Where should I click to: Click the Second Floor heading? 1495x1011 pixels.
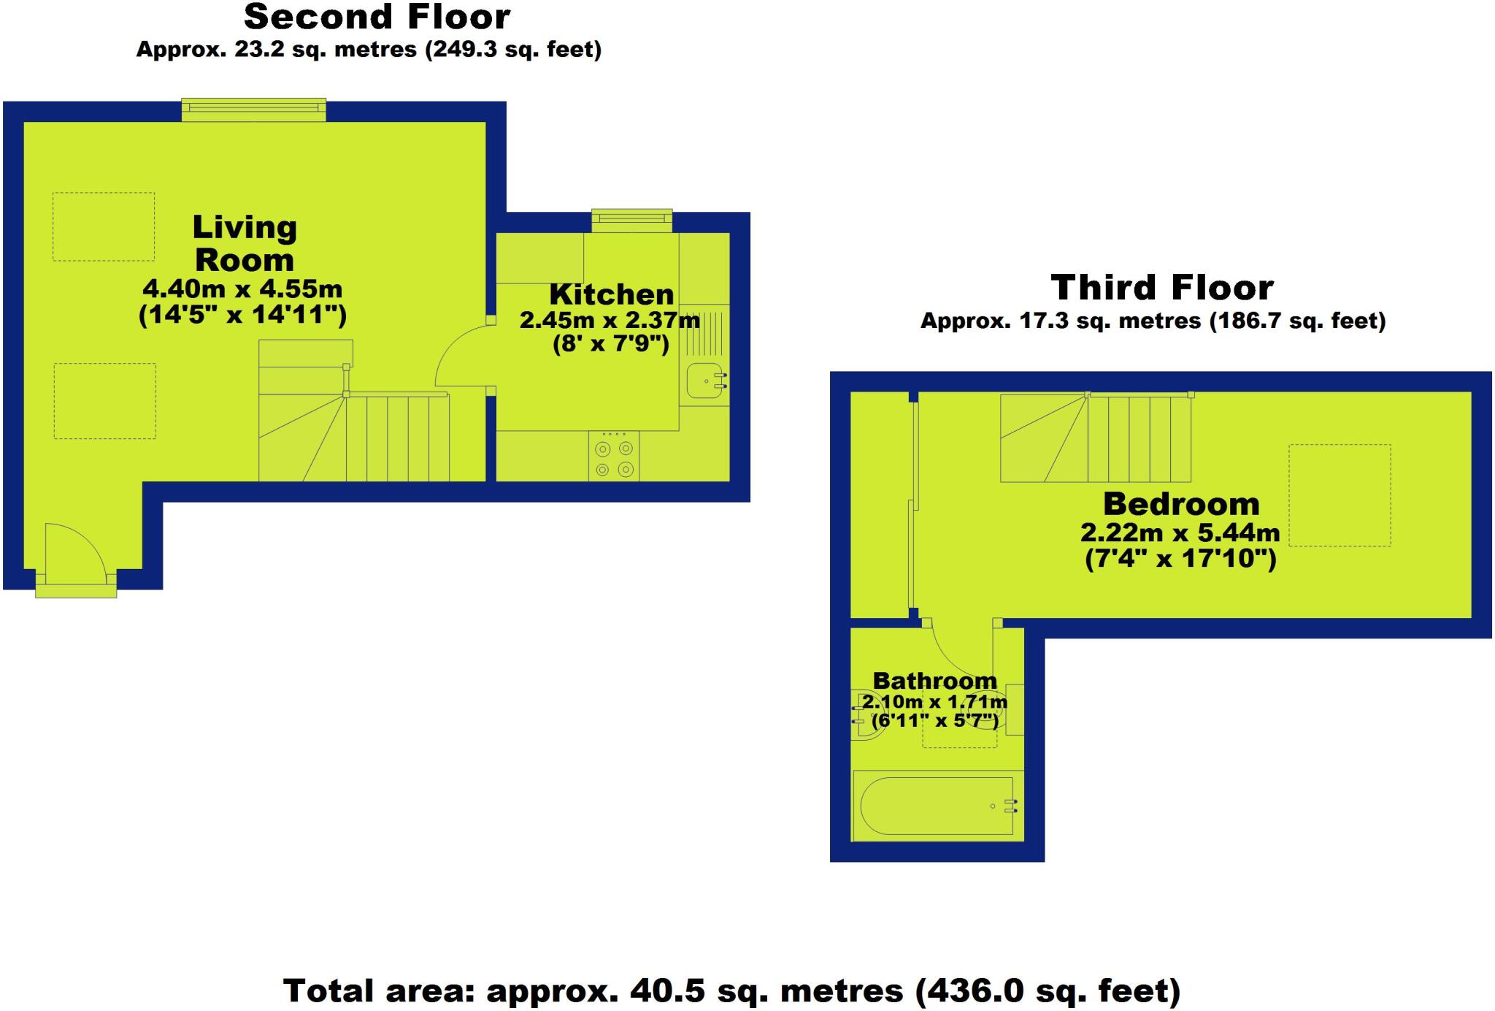point(377,18)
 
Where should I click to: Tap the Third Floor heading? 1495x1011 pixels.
point(1162,288)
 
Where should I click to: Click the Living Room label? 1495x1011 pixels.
point(245,243)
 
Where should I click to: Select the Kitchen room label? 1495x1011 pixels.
point(612,294)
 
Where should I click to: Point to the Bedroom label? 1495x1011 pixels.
point(1181,504)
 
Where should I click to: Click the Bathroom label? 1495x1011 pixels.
point(934,681)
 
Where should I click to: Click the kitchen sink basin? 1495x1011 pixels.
point(704,381)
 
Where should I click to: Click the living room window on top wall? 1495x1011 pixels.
point(253,110)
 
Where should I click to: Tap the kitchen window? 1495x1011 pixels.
point(631,220)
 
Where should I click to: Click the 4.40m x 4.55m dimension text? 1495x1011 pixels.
point(242,289)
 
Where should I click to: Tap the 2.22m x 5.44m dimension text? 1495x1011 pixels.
point(1180,533)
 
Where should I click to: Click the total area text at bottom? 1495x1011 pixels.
point(731,991)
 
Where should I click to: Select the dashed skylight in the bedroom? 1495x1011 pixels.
point(1339,495)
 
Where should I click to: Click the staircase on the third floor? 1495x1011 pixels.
point(1095,438)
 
